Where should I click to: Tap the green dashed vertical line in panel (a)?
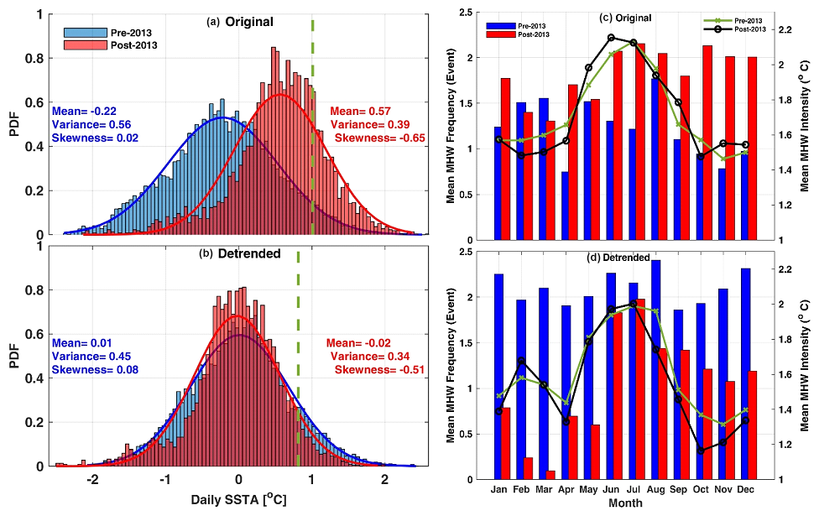coord(312,126)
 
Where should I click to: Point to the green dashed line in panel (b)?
coord(298,361)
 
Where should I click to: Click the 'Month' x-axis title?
coord(626,503)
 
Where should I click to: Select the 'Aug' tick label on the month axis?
coord(656,488)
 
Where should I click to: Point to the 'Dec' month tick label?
coord(747,488)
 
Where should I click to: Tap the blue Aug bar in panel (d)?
coord(655,369)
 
